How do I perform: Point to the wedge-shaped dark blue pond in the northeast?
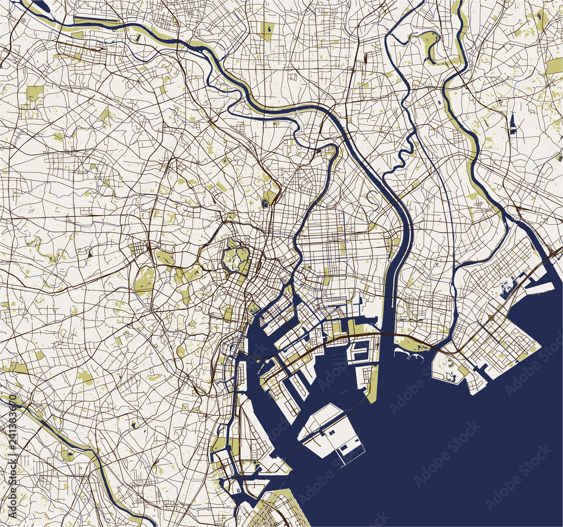(x=513, y=124)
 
